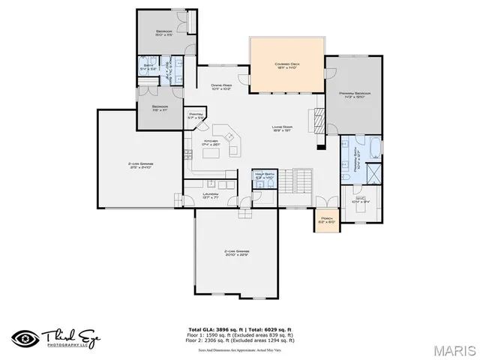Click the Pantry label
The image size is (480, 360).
tap(196, 115)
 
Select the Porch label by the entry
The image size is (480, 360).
tap(325, 220)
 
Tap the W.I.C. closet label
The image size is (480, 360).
tap(361, 199)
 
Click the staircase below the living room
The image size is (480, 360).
tap(301, 181)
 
